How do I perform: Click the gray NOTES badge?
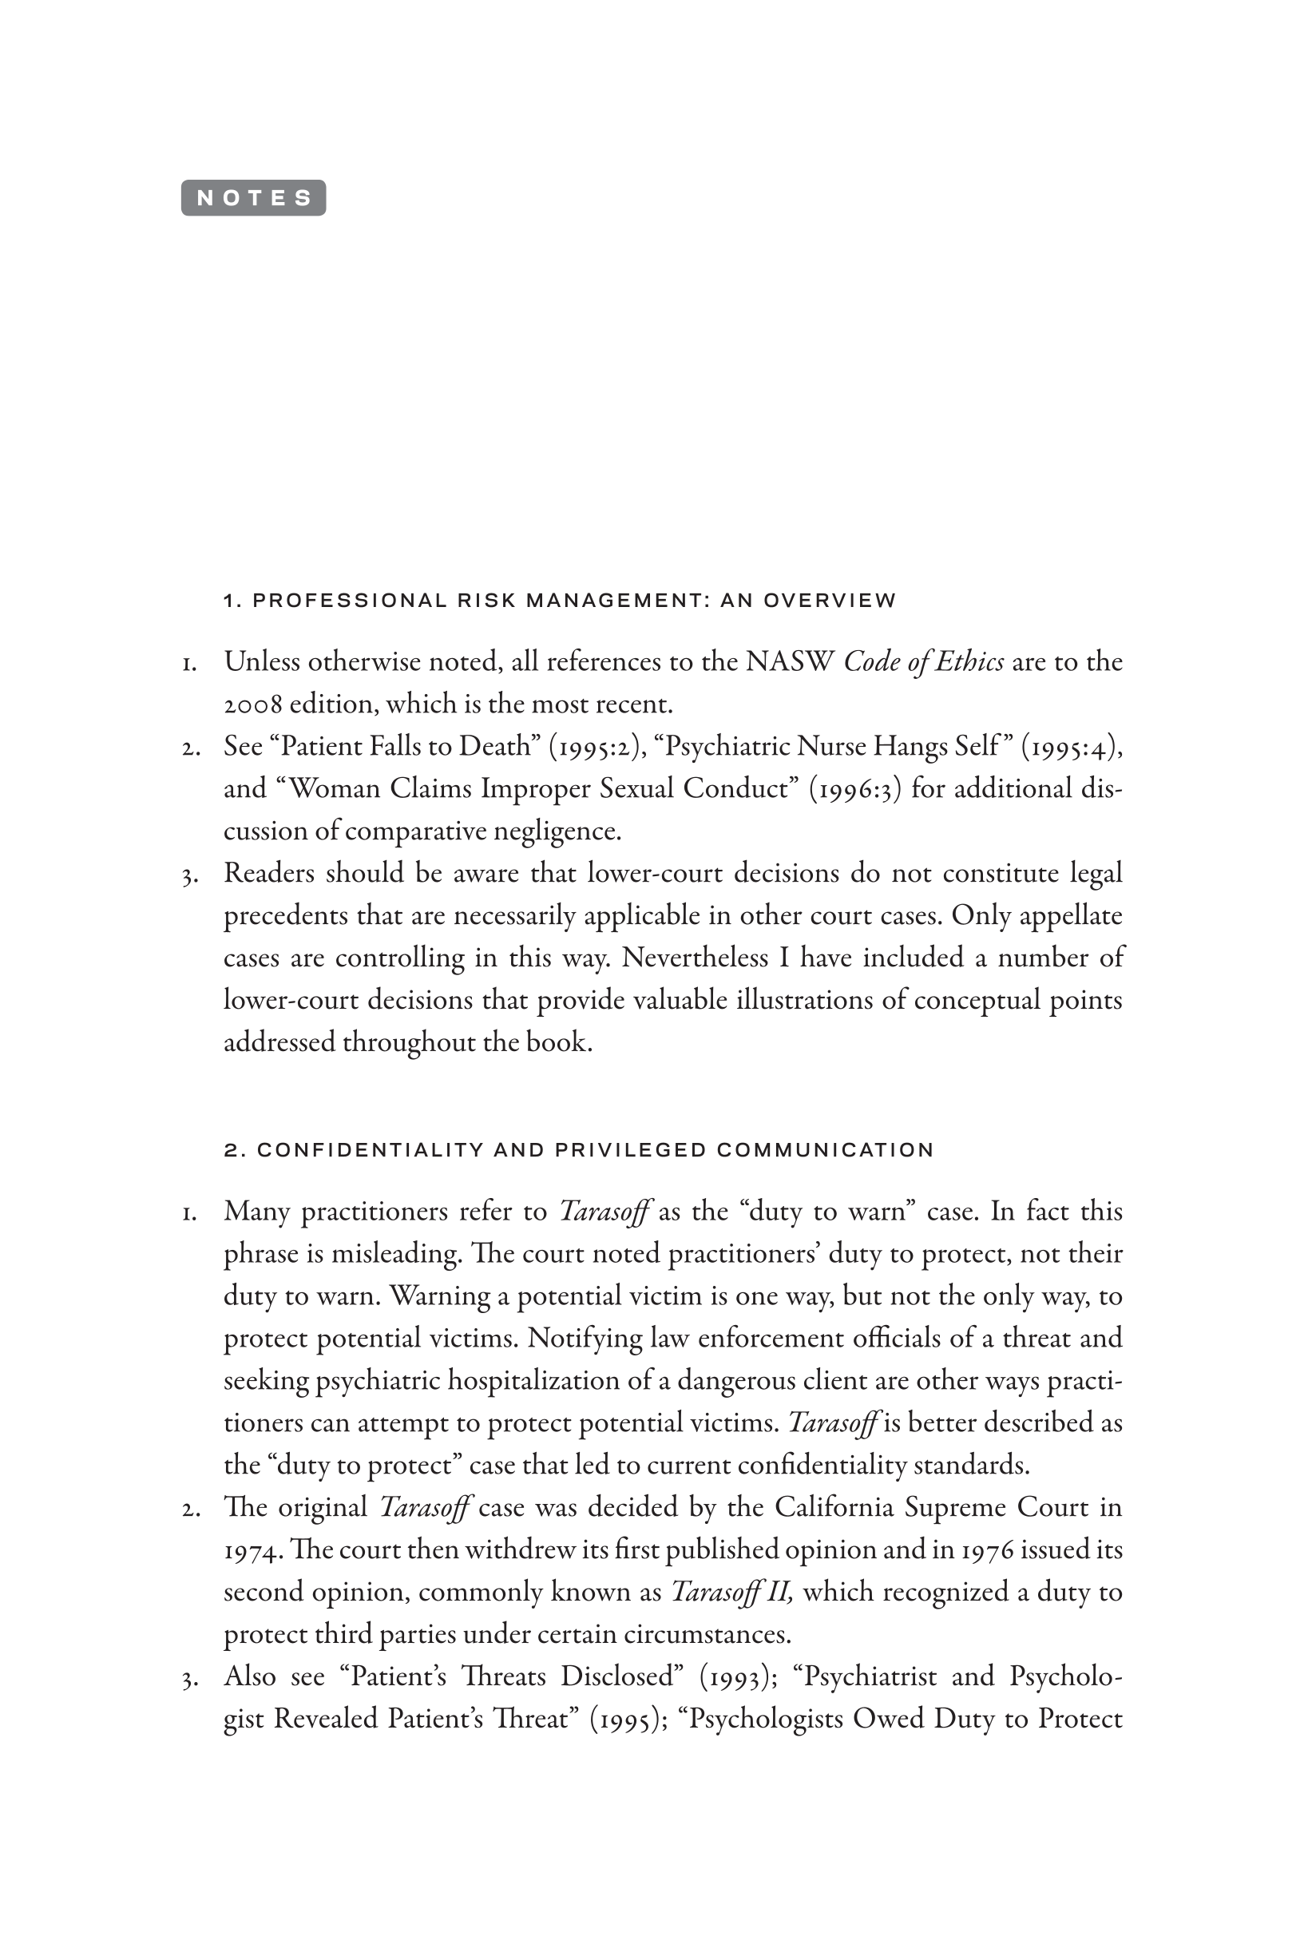[x=254, y=198]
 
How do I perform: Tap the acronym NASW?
[x=790, y=662]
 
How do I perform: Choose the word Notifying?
[x=585, y=1337]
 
